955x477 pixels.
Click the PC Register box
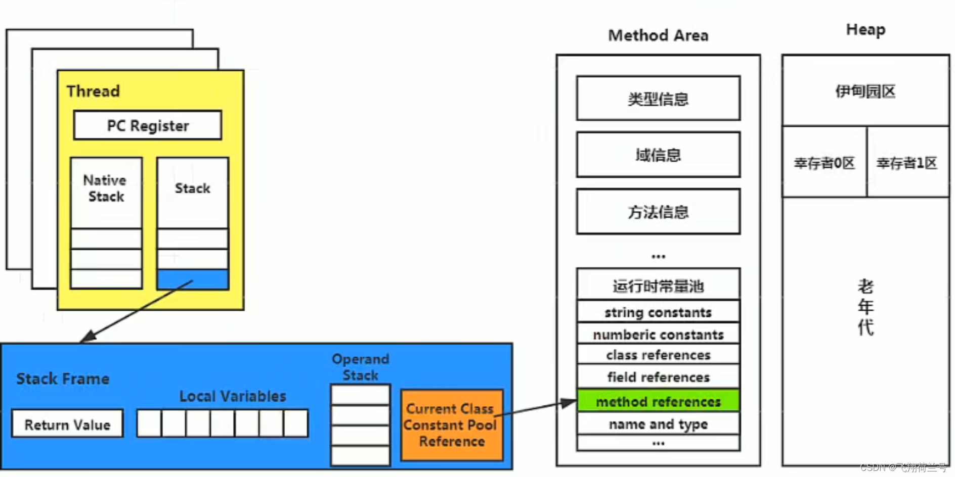[147, 125]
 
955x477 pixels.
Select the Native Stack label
[105, 188]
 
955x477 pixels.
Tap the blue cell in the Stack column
[193, 279]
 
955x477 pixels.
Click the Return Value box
[67, 424]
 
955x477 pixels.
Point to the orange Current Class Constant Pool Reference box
[452, 425]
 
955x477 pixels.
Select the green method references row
[658, 402]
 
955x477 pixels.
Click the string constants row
[658, 312]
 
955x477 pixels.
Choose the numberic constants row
[658, 335]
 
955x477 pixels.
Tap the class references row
[658, 355]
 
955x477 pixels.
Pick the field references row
[658, 377]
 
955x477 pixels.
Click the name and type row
[658, 424]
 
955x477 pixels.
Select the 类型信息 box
[658, 99]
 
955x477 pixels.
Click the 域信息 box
[658, 155]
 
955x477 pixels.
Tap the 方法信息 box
[658, 212]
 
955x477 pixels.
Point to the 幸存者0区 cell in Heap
[824, 163]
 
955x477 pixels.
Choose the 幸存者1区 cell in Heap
[907, 163]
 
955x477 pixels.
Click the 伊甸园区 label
[865, 91]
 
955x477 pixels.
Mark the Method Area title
[658, 35]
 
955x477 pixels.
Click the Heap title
[865, 30]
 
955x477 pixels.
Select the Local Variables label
[233, 396]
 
